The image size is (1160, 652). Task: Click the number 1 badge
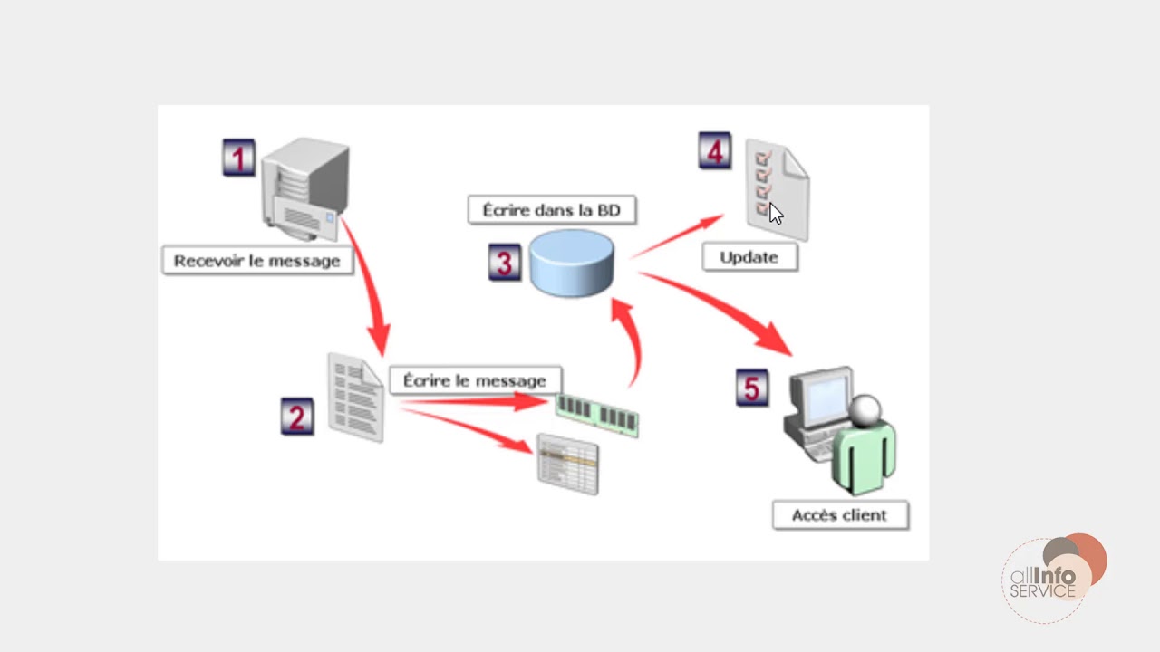click(238, 158)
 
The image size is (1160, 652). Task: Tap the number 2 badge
click(297, 417)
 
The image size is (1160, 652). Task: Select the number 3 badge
click(504, 264)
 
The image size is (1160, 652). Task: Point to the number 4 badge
click(714, 151)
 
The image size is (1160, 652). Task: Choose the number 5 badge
click(751, 388)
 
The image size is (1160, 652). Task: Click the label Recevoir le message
click(257, 261)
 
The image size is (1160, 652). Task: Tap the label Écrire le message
click(475, 380)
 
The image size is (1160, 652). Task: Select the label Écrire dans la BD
click(551, 210)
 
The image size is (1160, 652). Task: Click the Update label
click(749, 257)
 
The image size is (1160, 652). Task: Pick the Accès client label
click(839, 515)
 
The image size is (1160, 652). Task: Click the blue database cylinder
click(572, 263)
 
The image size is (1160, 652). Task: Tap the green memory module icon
click(597, 415)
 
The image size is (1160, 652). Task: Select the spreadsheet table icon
click(568, 464)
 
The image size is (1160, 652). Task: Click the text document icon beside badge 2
click(355, 398)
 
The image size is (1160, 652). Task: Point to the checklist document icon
click(778, 188)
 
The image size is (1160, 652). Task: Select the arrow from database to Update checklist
click(677, 236)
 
